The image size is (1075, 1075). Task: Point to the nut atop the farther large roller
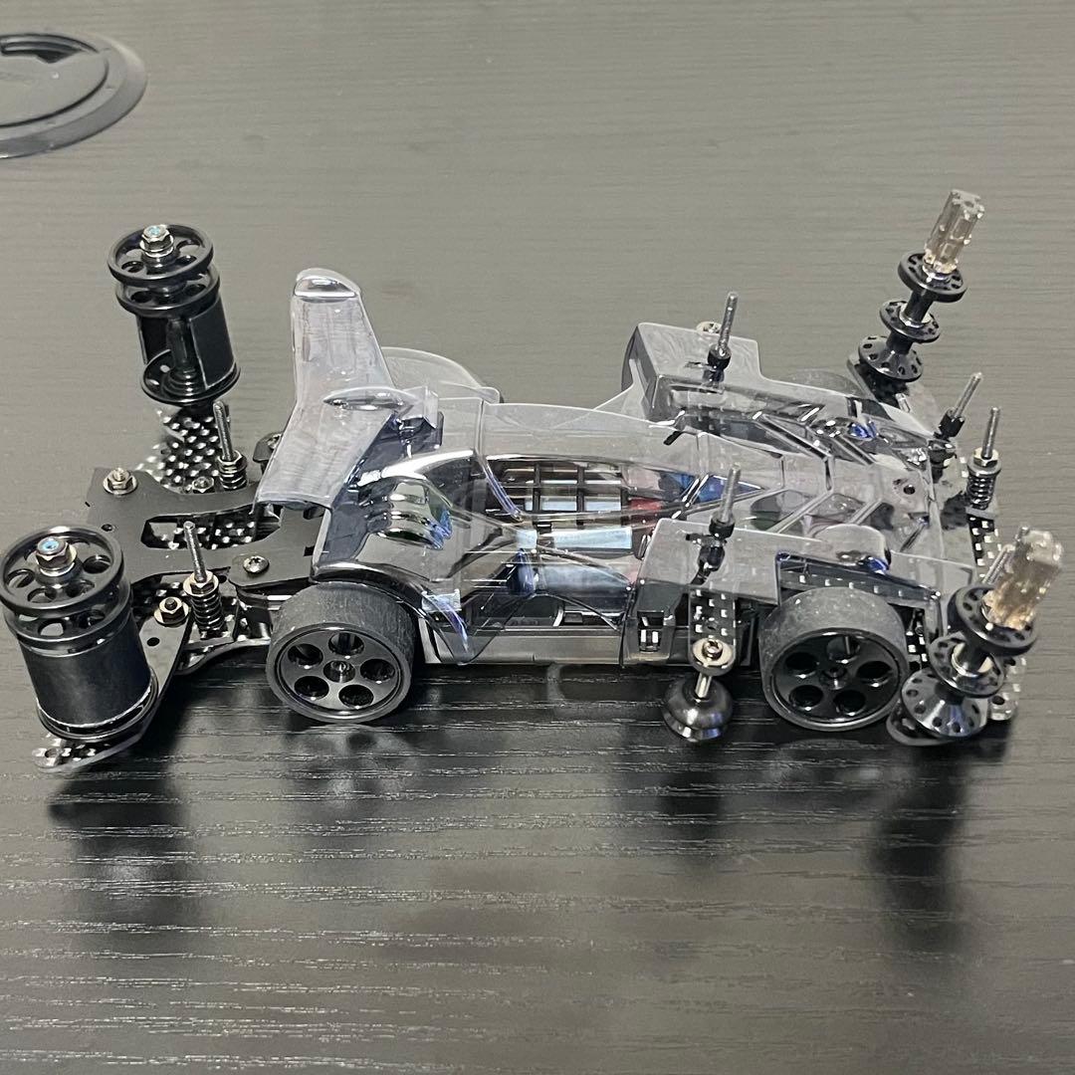(x=155, y=239)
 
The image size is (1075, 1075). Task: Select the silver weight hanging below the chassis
(x=699, y=709)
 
